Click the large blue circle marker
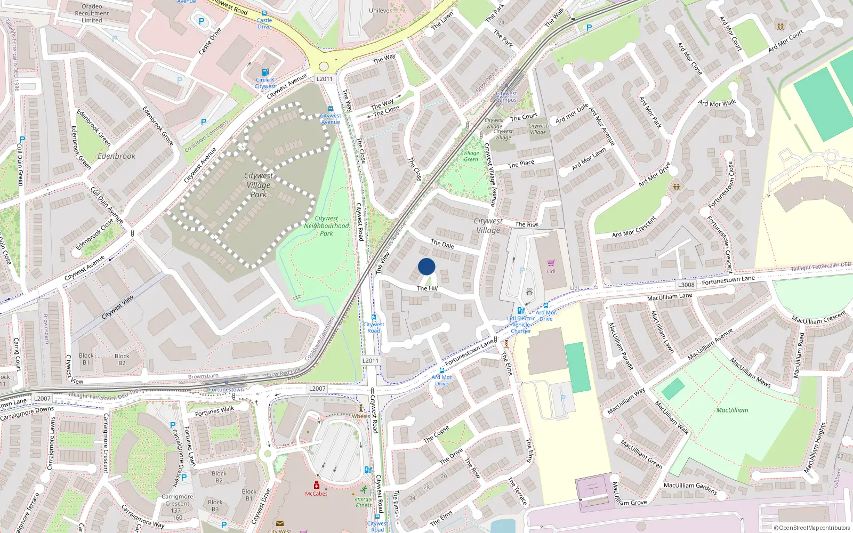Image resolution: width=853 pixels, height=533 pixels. [x=426, y=266]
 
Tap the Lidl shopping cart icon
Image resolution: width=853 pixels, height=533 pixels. [x=551, y=263]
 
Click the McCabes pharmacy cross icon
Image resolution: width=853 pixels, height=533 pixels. [x=316, y=486]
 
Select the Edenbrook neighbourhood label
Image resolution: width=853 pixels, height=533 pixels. [x=116, y=156]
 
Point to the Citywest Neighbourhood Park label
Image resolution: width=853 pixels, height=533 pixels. [x=326, y=225]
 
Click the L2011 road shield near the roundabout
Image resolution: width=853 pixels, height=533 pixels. [x=324, y=79]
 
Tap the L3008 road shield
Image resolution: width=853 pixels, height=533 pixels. [x=686, y=285]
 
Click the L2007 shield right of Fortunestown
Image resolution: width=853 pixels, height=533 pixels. [x=317, y=389]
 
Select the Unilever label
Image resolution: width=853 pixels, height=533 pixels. [x=380, y=11]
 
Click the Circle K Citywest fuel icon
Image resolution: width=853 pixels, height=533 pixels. [x=265, y=72]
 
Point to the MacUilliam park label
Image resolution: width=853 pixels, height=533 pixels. [x=732, y=410]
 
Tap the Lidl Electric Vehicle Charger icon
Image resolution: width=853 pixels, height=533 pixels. [x=520, y=311]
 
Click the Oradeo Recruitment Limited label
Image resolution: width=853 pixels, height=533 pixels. [x=92, y=13]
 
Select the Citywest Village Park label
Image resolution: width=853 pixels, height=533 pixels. [x=259, y=185]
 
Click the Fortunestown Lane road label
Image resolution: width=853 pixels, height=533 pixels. [x=728, y=280]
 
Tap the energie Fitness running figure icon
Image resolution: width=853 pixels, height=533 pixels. [x=364, y=490]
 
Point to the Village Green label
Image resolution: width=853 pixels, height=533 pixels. [x=471, y=156]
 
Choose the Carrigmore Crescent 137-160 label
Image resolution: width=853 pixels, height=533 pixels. [x=178, y=507]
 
